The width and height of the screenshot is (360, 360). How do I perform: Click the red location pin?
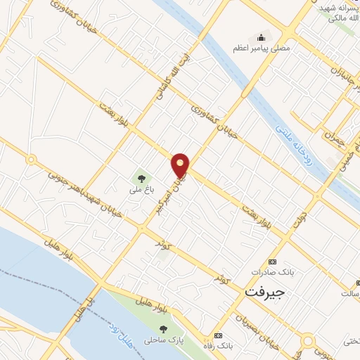[x=181, y=165]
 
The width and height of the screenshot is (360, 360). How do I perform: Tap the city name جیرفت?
[x=265, y=290]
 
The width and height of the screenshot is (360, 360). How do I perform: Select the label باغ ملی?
[x=141, y=191]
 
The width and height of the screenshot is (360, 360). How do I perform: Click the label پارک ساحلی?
[x=162, y=340]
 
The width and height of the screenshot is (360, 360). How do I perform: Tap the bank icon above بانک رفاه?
[x=218, y=335]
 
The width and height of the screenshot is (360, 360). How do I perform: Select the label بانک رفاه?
[x=218, y=347]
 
